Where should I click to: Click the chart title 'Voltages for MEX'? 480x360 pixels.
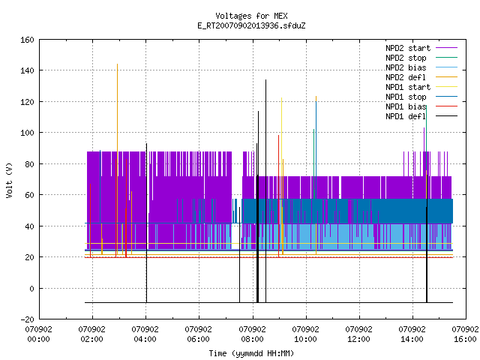pos(251,16)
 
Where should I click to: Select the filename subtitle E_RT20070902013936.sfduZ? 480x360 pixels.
pos(251,25)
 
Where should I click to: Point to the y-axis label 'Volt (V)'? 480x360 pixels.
pos(9,181)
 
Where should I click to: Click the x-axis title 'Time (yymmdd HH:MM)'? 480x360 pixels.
pos(251,353)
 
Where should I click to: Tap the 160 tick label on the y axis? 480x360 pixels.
pos(27,40)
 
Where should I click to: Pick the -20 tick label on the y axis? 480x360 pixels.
pos(27,319)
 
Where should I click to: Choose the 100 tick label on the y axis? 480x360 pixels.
pos(27,133)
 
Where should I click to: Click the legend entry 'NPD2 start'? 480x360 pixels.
pos(408,48)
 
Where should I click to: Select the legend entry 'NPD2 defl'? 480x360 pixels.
pos(406,77)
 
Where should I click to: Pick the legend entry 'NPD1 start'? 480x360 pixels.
pos(408,87)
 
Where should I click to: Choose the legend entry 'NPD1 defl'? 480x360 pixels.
pos(406,116)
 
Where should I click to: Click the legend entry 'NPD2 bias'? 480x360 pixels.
pos(406,67)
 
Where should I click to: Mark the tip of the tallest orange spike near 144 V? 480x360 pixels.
pos(117,64)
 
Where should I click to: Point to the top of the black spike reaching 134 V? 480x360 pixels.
pos(265,80)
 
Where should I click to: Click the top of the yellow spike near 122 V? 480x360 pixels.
pos(282,98)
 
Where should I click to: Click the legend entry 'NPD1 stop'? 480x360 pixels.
pos(406,97)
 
